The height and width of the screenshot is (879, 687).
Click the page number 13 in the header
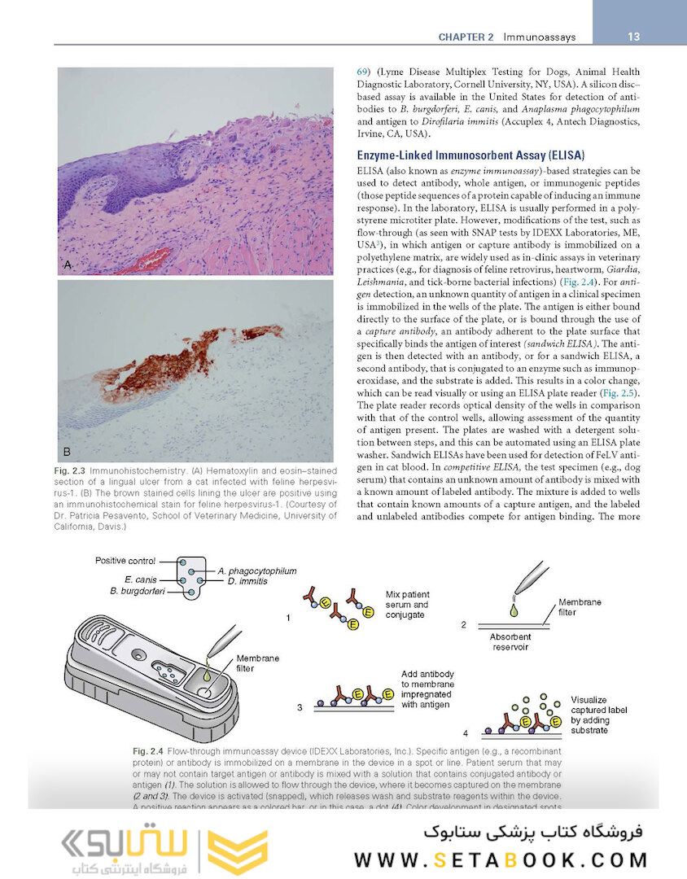point(634,37)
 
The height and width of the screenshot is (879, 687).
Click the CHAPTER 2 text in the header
point(466,37)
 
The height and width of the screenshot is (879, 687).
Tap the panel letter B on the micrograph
point(68,450)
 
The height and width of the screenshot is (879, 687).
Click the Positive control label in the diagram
point(125,561)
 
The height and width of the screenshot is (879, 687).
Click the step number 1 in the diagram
point(287,619)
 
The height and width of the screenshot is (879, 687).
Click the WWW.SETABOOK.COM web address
point(501,859)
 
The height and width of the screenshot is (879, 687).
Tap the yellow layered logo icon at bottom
point(237,851)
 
